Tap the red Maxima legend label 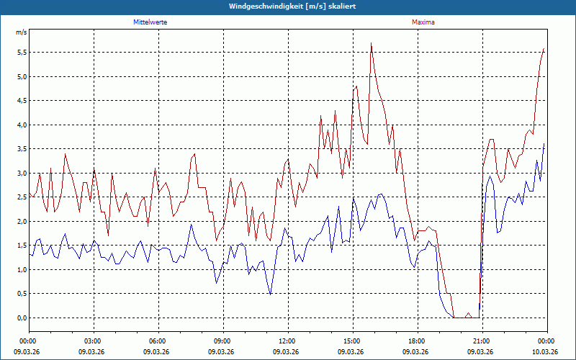[423, 22]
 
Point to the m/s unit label [21, 32]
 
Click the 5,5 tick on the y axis [22, 53]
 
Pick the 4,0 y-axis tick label [22, 125]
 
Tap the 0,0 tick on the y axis [22, 318]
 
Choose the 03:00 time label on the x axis [93, 341]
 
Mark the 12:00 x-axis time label [287, 341]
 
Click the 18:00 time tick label [416, 341]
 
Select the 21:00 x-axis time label [481, 341]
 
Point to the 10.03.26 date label [546, 351]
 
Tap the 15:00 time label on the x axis [351, 341]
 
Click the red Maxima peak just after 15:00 [371, 43]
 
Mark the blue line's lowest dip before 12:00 [270, 294]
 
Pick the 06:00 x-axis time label [158, 341]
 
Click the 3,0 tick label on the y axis [22, 174]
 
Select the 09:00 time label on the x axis [222, 341]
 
